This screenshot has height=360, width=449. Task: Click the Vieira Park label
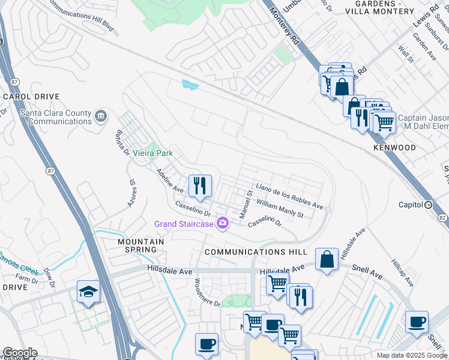click(x=153, y=154)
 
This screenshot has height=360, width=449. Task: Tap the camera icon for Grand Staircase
click(x=223, y=223)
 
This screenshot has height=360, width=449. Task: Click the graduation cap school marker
click(x=89, y=293)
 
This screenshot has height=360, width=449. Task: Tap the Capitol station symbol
click(x=429, y=205)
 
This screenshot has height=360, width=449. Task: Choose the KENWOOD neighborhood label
click(x=394, y=148)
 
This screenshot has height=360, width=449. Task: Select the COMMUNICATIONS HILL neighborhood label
click(x=256, y=252)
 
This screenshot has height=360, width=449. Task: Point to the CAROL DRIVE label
click(x=31, y=97)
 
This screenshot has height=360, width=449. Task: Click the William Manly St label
click(x=280, y=209)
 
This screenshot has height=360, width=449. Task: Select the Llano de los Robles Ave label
click(x=289, y=197)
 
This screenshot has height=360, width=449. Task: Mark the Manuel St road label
click(x=246, y=205)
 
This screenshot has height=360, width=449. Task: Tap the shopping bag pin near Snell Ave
click(x=327, y=260)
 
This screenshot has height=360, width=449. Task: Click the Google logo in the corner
click(x=19, y=353)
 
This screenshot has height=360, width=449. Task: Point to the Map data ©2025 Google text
click(x=411, y=355)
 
